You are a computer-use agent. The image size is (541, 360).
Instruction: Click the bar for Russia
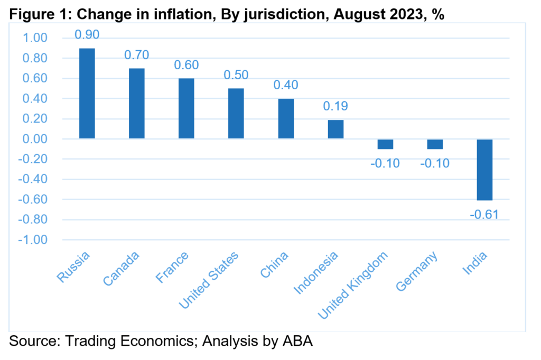87,93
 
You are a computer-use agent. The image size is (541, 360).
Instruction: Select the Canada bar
137,103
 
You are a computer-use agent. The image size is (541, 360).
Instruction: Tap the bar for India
485,169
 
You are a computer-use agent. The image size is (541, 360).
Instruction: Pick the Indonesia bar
335,129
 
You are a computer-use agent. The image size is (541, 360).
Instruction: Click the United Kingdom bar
385,144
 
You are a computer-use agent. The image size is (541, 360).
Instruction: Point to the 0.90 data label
87,34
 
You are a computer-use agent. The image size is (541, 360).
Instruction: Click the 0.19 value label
335,106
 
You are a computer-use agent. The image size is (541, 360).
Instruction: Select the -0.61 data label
484,214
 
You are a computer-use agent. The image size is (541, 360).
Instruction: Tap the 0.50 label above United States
236,75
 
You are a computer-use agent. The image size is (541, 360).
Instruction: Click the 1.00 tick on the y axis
35,37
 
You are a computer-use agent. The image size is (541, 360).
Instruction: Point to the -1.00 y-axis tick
33,240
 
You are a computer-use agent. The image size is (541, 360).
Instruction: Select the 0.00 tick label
35,139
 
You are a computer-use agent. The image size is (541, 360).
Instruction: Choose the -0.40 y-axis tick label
33,179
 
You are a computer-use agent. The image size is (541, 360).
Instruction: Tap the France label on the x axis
172,267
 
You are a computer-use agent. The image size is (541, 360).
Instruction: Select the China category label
274,264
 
